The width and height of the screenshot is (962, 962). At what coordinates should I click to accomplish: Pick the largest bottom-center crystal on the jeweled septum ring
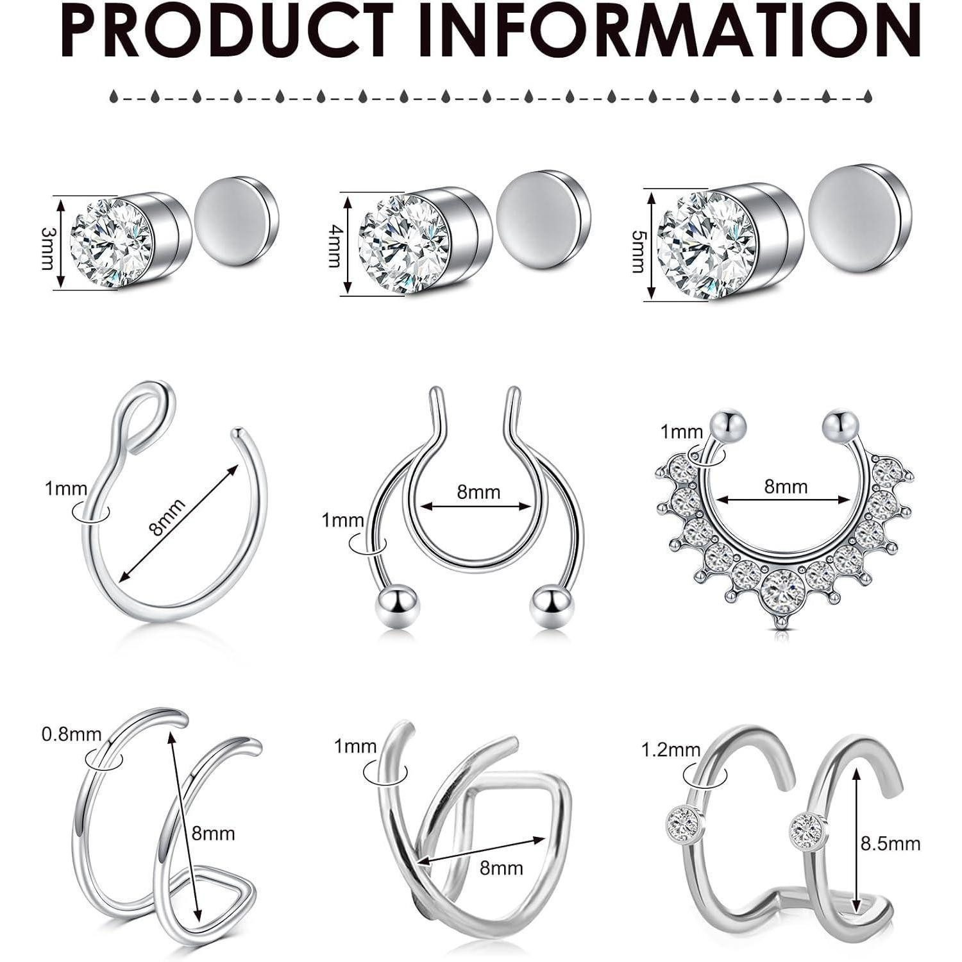(784, 587)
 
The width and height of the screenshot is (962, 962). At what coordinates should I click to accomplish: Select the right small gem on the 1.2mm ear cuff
(802, 828)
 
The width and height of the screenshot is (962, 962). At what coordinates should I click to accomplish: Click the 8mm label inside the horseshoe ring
(478, 492)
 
